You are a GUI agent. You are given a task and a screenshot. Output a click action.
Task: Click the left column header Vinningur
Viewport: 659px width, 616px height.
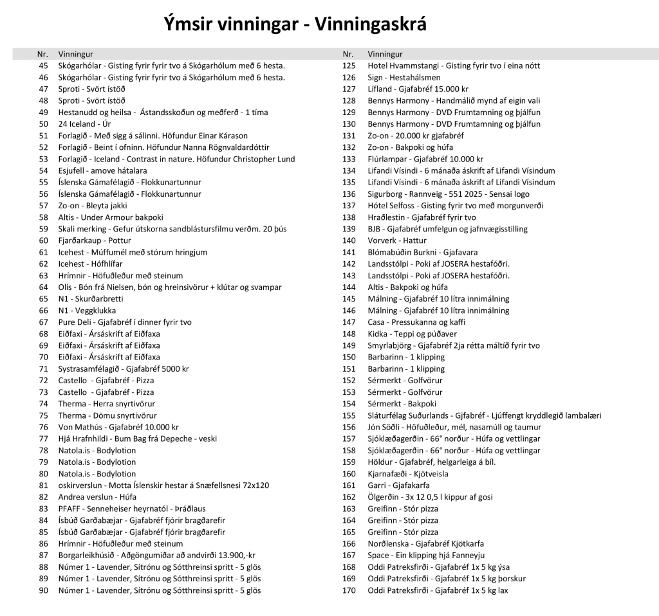pos(75,54)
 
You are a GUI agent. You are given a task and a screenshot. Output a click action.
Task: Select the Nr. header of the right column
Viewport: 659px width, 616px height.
pos(348,54)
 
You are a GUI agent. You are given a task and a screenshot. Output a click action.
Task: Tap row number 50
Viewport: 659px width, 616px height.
pos(44,124)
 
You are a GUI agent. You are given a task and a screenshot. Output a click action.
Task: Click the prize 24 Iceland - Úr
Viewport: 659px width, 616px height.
pos(84,124)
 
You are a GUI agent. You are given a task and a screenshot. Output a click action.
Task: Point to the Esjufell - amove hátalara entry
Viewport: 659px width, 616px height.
pos(102,170)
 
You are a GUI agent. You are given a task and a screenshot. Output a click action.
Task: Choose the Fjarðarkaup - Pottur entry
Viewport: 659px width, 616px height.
pos(95,240)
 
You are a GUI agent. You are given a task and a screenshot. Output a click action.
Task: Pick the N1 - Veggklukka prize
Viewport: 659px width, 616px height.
pos(87,311)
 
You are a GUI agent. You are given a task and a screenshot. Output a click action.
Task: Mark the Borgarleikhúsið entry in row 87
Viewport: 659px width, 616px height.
pos(156,556)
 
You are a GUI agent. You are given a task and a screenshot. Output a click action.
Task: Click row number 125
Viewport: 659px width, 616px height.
pos(349,66)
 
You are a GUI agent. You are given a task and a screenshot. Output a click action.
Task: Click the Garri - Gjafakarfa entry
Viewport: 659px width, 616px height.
pos(398,485)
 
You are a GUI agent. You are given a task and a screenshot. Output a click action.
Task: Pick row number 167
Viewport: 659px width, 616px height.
pos(349,556)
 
